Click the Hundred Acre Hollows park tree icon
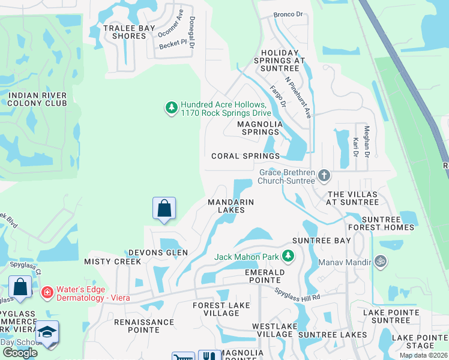(x=172, y=108)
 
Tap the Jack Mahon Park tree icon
(x=288, y=257)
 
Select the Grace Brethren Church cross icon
(x=324, y=176)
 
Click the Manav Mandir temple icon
(x=379, y=261)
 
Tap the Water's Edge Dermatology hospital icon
(x=47, y=293)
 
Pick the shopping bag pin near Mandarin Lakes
(x=164, y=209)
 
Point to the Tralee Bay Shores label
(x=125, y=32)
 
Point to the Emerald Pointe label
(x=264, y=276)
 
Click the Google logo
(x=20, y=353)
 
